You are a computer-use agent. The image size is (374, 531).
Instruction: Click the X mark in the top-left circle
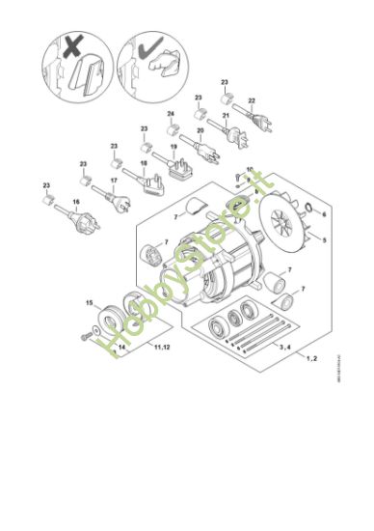74,47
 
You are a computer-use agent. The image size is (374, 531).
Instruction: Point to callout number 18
144,164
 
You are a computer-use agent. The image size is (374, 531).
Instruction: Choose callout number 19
174,148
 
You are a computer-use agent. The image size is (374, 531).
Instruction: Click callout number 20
201,131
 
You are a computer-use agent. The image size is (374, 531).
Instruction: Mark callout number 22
252,100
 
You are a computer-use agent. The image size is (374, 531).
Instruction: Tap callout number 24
171,115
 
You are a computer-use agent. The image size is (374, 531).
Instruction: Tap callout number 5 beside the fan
324,238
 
